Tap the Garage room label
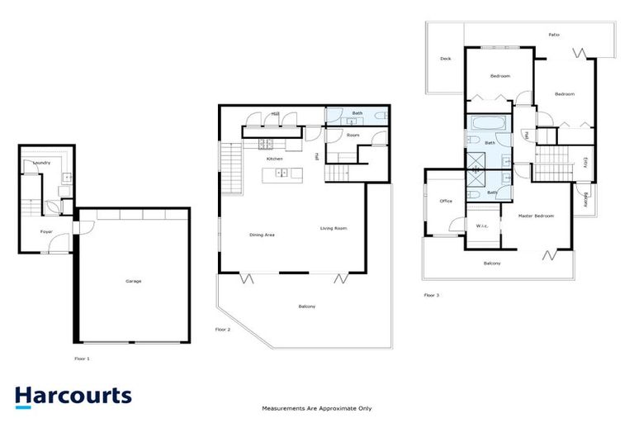pyautogui.click(x=133, y=282)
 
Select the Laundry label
pyautogui.click(x=41, y=163)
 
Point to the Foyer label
pyautogui.click(x=47, y=232)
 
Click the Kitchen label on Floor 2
pyautogui.click(x=274, y=159)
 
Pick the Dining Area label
pyautogui.click(x=262, y=235)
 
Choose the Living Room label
pyautogui.click(x=333, y=228)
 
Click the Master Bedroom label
pyautogui.click(x=536, y=216)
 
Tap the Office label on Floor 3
pyautogui.click(x=446, y=201)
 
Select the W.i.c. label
pyautogui.click(x=481, y=226)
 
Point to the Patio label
pyautogui.click(x=554, y=35)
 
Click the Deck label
pyautogui.click(x=445, y=59)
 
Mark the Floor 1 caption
pyautogui.click(x=82, y=359)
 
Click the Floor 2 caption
pyautogui.click(x=222, y=329)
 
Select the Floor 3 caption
pyautogui.click(x=432, y=294)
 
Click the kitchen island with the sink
pyautogui.click(x=282, y=173)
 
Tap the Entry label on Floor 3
pyautogui.click(x=585, y=162)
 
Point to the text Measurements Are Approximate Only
pyautogui.click(x=317, y=408)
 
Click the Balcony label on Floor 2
pyautogui.click(x=306, y=307)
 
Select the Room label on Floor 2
pyautogui.click(x=352, y=135)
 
